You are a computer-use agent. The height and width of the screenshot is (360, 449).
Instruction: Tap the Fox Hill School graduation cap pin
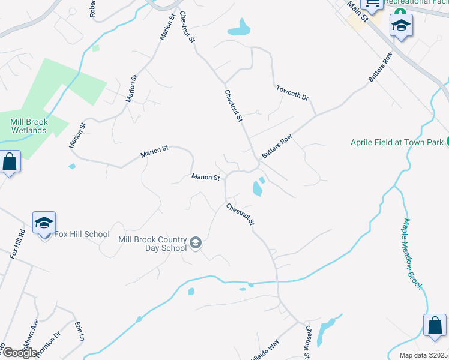pyautogui.click(x=44, y=223)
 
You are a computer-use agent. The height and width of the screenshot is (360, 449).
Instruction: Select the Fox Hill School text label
pyautogui.click(x=82, y=235)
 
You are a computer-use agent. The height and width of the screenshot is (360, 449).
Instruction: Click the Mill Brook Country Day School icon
pyautogui.click(x=195, y=243)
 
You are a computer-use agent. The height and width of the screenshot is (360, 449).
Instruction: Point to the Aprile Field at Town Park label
pyautogui.click(x=397, y=142)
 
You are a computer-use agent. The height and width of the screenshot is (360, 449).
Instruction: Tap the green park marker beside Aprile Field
pyautogui.click(x=448, y=142)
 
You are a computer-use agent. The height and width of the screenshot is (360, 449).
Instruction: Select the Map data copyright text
pyautogui.click(x=424, y=355)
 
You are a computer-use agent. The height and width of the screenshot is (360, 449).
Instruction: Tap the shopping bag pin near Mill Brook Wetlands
pyautogui.click(x=10, y=161)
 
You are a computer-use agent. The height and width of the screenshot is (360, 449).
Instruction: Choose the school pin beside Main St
pyautogui.click(x=400, y=25)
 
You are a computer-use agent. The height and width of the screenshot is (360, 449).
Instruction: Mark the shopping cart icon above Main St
pyautogui.click(x=372, y=4)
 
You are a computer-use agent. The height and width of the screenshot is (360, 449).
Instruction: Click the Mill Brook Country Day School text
pyautogui.click(x=152, y=244)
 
